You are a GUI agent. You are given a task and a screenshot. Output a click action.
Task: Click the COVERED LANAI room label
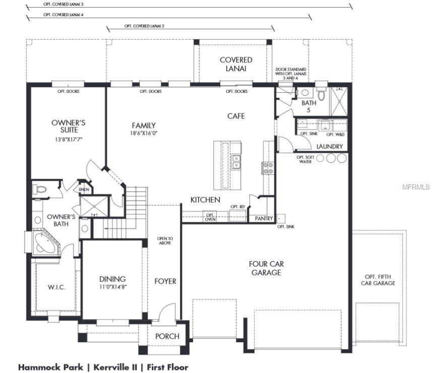236,64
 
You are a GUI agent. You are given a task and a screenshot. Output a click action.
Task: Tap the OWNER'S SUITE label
69,126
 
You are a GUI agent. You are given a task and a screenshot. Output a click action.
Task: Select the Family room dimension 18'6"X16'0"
144,134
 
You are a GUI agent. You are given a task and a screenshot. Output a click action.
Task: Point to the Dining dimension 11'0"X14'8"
112,286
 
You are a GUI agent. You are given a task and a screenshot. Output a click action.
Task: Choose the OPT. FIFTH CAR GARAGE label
378,280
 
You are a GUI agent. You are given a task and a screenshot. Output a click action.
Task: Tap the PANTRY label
264,219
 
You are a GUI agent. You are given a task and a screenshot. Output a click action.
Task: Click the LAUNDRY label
330,147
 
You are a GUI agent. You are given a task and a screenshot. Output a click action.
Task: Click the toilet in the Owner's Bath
39,190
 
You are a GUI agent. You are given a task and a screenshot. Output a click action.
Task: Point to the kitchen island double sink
235,161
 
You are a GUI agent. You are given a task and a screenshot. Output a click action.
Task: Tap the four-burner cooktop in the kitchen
268,167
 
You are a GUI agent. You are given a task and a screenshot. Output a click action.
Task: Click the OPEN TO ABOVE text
164,240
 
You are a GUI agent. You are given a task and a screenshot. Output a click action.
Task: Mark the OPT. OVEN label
210,217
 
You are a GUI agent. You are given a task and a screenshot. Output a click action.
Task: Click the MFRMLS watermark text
416,186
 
